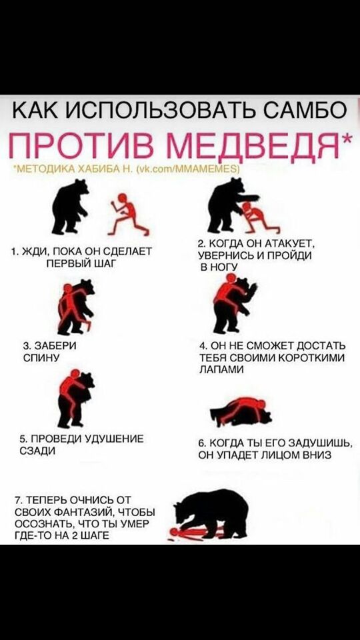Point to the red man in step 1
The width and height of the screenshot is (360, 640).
point(123,214)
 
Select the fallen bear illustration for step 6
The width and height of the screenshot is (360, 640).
point(240,411)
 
